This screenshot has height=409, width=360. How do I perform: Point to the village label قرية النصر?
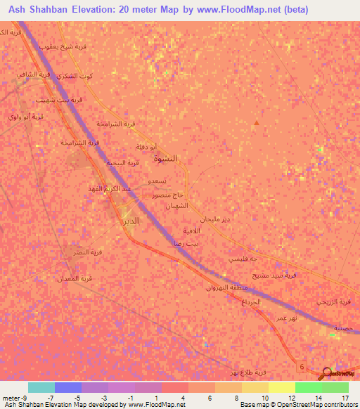click(x=89, y=252)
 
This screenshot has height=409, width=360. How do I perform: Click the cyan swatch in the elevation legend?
click(x=41, y=387)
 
